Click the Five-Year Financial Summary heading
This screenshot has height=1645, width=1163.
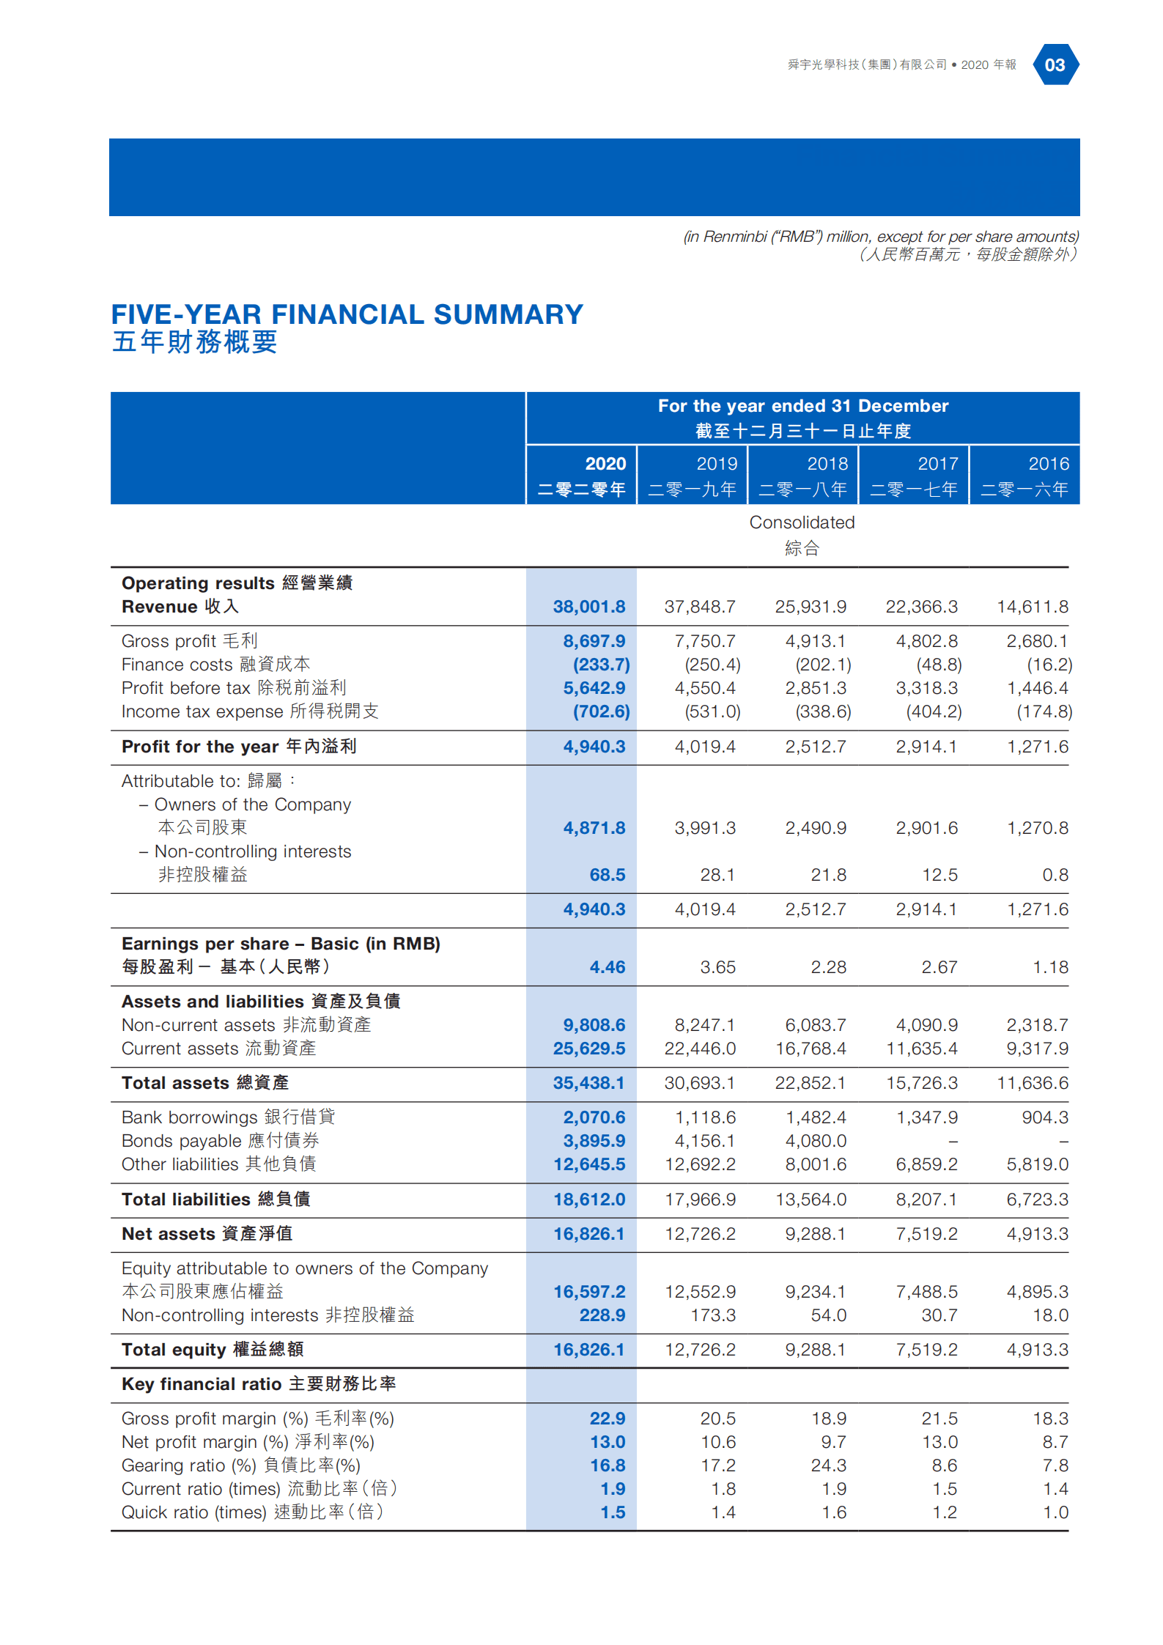tap(347, 315)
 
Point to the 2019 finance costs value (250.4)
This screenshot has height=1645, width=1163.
tap(712, 665)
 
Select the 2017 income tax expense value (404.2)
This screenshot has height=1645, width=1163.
tap(933, 711)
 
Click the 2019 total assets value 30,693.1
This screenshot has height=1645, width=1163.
tap(699, 1083)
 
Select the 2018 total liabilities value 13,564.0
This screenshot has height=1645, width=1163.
tap(811, 1199)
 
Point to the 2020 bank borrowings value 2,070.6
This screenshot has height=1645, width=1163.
tap(594, 1117)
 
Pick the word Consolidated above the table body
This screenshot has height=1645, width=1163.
tap(802, 522)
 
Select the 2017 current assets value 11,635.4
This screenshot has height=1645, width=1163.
tap(921, 1049)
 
